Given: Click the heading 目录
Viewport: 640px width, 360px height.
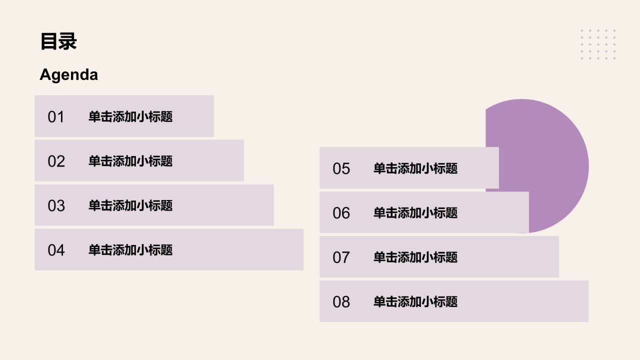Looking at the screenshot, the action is click(x=58, y=41).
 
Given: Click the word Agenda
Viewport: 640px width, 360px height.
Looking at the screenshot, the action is click(x=69, y=75).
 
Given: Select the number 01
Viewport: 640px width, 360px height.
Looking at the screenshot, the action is click(x=56, y=117).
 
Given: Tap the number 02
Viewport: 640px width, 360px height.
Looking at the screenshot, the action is click(x=56, y=161).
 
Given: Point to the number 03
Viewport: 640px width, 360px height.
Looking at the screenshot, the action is click(x=56, y=205).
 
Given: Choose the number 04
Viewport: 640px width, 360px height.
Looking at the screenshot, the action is click(x=56, y=250).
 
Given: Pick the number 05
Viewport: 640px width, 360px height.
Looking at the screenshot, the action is click(x=341, y=168).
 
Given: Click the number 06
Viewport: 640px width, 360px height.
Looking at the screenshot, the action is click(x=341, y=213).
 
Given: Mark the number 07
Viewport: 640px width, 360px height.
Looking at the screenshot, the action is click(x=341, y=257).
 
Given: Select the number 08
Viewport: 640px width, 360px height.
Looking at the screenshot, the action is click(x=341, y=301).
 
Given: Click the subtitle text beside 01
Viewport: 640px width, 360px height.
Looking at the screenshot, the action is click(x=130, y=116).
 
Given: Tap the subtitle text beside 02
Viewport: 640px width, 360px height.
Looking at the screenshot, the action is click(x=130, y=161).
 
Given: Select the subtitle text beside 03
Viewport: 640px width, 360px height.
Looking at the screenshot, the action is click(x=130, y=205).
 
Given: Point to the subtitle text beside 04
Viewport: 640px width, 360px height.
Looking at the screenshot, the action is click(x=130, y=250).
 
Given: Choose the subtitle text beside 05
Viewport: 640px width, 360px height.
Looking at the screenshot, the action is click(x=415, y=168).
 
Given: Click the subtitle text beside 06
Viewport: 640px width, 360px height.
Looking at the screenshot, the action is click(x=415, y=213).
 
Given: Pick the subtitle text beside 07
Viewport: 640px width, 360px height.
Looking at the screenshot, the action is click(x=415, y=257).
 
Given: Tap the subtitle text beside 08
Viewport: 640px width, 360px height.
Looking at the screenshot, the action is click(x=415, y=301).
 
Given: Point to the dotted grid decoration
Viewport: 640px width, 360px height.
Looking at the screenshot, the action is click(x=598, y=44).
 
